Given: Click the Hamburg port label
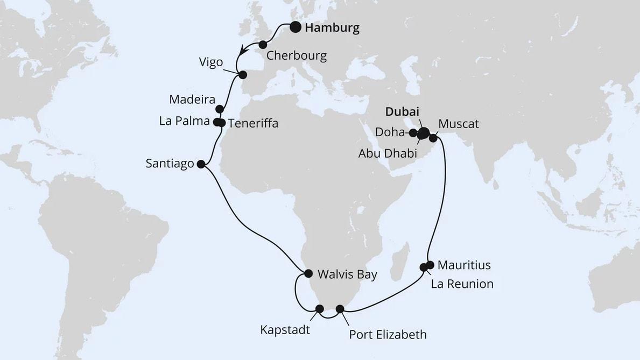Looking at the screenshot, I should (x=332, y=28).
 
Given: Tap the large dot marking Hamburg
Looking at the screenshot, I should (x=296, y=27).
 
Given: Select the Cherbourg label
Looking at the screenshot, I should (x=297, y=56).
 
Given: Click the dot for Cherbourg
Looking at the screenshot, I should (x=263, y=45).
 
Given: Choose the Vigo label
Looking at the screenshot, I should (x=210, y=62).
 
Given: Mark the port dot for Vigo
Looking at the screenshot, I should (x=243, y=75).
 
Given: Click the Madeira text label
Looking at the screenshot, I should (x=192, y=100).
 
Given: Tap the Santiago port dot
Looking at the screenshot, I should (x=201, y=165).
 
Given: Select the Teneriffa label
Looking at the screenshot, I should (x=253, y=123).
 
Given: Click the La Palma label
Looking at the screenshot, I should (x=184, y=121).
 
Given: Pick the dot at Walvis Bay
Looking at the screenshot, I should (x=308, y=273).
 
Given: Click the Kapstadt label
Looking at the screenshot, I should (x=285, y=329).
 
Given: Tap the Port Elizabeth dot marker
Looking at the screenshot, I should (x=340, y=308).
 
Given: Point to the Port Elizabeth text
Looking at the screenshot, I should (x=388, y=335).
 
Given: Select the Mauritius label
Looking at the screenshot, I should (x=464, y=265).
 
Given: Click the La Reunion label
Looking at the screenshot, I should (x=462, y=284).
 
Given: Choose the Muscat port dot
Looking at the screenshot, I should (x=433, y=138).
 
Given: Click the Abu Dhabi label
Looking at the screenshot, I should (x=388, y=153).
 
